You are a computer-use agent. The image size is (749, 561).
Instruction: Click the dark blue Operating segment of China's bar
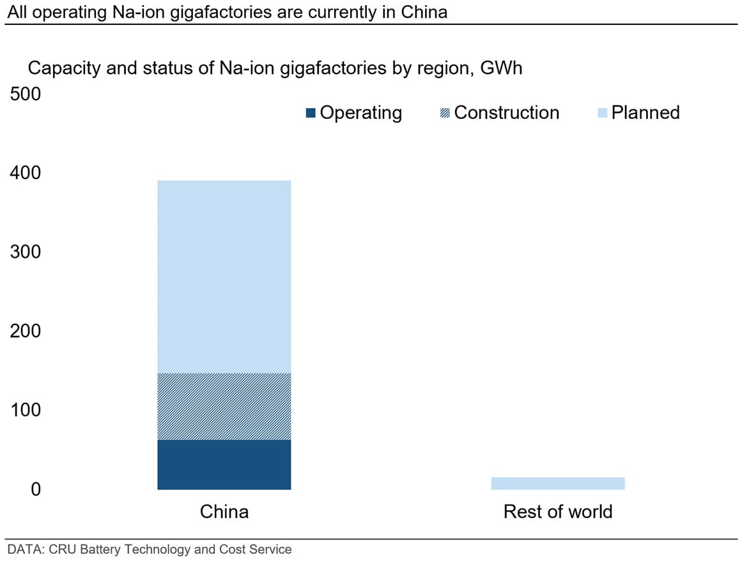pos(224,464)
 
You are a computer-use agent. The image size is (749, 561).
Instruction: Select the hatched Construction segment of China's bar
pos(224,407)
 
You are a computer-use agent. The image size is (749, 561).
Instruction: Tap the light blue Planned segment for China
pos(224,276)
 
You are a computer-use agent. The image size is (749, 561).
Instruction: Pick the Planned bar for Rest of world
pos(558,483)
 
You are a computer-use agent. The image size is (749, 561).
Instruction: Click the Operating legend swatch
pos(311,113)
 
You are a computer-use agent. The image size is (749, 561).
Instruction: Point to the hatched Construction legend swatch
pos(445,113)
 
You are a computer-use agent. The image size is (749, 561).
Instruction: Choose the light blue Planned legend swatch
pos(603,113)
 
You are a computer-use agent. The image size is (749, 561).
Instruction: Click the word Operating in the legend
pos(361,113)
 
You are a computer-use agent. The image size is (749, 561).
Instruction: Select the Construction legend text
pos(507,113)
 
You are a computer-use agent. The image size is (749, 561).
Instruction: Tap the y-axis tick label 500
pos(26,94)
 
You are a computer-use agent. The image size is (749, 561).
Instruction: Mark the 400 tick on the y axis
pos(26,173)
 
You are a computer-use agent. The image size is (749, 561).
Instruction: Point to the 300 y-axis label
pos(26,251)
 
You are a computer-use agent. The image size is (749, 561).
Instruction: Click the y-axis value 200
pos(26,331)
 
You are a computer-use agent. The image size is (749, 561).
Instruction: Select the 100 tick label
pos(26,410)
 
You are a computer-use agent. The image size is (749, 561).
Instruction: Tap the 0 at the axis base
pos(36,489)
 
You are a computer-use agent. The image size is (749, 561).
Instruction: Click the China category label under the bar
pos(224,512)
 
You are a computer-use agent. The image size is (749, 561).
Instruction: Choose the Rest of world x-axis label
pos(558,512)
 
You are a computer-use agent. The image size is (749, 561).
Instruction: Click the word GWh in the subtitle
pos(501,68)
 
